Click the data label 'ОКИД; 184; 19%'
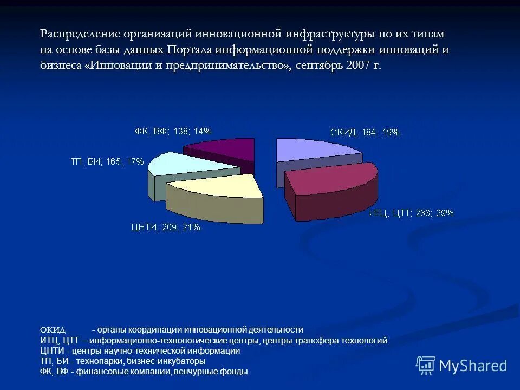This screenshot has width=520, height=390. point(365,133)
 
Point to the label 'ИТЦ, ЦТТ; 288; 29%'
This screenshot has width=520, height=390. point(411,213)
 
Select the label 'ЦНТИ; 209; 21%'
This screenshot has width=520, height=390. point(166,227)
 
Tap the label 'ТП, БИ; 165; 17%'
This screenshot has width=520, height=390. point(107,161)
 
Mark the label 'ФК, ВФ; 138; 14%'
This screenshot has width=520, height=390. point(173,131)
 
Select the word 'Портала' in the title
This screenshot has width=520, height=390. point(189,49)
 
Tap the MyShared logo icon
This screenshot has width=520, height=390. point(426,366)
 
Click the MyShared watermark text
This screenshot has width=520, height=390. point(473,366)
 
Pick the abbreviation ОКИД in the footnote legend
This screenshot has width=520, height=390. point(53,330)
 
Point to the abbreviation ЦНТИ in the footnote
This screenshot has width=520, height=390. point(51,350)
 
